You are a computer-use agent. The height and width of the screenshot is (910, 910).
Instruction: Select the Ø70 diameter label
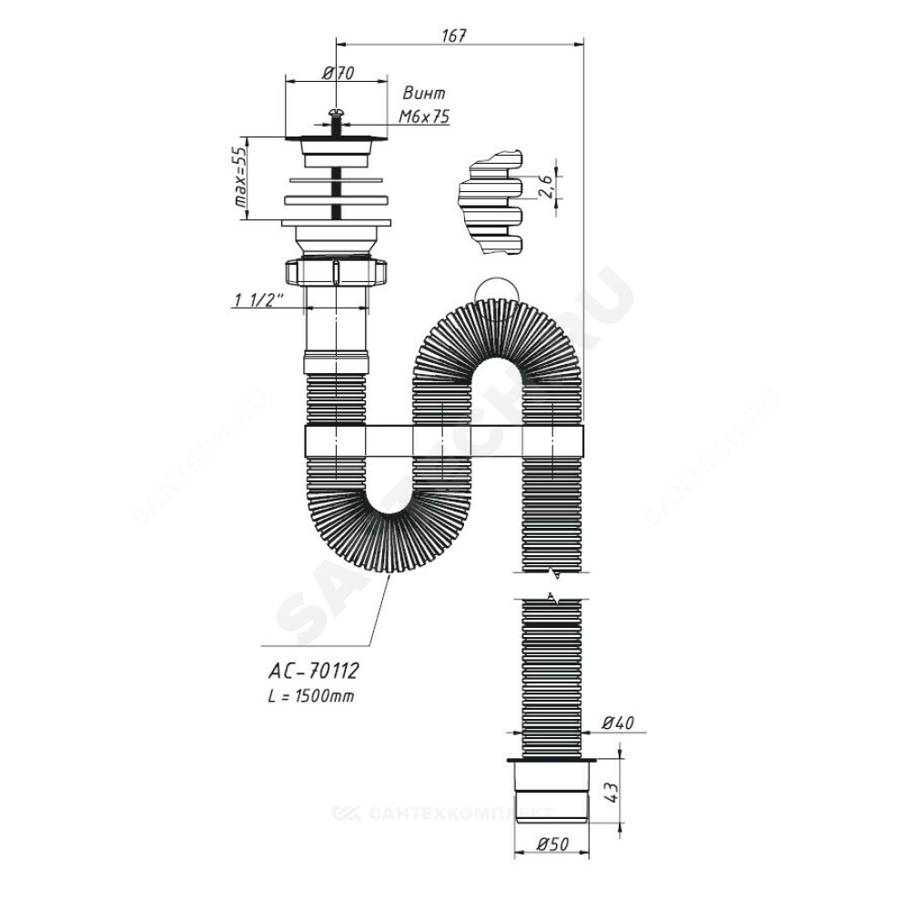point(338,73)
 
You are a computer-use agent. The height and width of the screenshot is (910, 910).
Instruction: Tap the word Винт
point(424,94)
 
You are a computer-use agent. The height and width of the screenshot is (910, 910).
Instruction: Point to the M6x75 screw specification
point(424,116)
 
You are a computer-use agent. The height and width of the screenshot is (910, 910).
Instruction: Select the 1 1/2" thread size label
point(258,300)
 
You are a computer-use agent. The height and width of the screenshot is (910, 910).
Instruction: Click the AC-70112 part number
point(313,671)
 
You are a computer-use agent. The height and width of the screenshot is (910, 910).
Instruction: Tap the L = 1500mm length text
point(311,696)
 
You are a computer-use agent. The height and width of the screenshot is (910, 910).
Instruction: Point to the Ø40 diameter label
point(618,723)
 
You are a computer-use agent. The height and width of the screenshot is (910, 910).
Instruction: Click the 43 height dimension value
point(612,791)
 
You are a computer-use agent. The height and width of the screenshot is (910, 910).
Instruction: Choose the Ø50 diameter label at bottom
point(551,844)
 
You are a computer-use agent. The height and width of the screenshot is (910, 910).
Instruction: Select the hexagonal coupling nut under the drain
point(336,271)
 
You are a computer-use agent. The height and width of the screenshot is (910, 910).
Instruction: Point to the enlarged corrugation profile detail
point(491,202)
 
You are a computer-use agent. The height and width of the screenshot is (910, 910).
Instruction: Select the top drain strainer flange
point(336,138)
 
